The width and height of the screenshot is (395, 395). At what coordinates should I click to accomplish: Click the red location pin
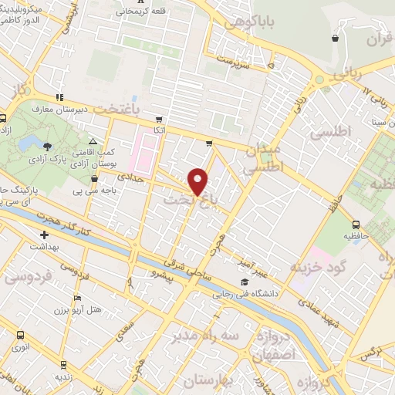[x=198, y=181]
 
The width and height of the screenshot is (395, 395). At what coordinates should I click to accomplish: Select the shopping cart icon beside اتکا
[x=159, y=120]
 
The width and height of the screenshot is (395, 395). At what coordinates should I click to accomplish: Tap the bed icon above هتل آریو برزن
[x=76, y=298]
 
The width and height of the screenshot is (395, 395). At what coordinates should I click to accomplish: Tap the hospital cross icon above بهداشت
[x=44, y=235]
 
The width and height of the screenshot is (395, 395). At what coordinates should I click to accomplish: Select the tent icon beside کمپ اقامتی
[x=93, y=142]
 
